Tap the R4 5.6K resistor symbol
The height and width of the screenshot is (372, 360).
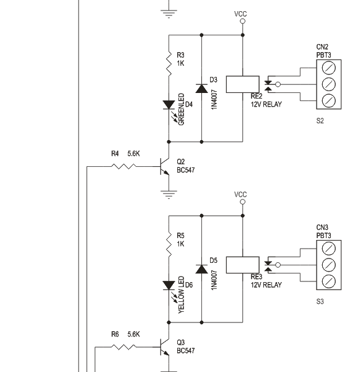[x=123, y=166]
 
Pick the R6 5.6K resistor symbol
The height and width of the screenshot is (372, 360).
[x=123, y=347]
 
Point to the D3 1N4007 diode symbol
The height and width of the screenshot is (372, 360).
[x=201, y=87]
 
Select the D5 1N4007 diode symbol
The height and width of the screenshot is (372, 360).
[x=201, y=268]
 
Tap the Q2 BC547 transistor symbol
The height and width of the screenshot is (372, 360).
[x=165, y=166]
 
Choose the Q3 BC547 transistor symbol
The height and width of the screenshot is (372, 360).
[x=165, y=347]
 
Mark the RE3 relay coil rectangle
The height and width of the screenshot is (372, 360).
[x=239, y=265]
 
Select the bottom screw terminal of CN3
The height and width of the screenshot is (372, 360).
[x=330, y=281]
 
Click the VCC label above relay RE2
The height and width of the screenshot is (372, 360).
[x=241, y=14]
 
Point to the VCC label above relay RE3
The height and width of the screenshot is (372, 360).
[x=241, y=195]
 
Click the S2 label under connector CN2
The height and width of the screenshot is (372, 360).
[x=320, y=122]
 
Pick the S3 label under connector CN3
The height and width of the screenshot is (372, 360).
[x=320, y=303]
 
